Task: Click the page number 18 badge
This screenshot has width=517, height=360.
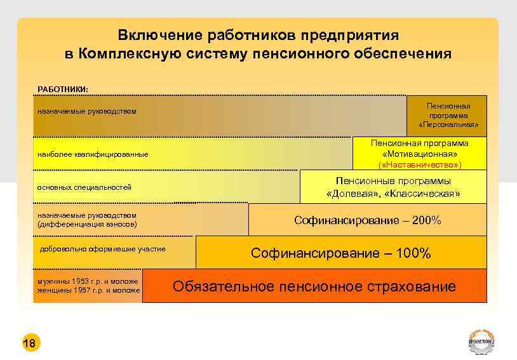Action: click(x=29, y=343)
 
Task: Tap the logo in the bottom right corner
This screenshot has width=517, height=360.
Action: click(x=482, y=343)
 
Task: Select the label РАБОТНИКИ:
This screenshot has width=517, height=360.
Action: click(x=64, y=89)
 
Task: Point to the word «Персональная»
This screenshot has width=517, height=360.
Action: click(x=448, y=124)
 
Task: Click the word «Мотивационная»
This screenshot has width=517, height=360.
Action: click(x=420, y=154)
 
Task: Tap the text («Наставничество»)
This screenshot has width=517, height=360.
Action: click(x=420, y=165)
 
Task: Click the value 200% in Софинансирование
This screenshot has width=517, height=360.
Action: click(x=427, y=220)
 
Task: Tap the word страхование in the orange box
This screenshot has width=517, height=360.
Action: click(x=412, y=286)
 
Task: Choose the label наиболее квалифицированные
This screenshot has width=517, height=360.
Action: click(x=93, y=154)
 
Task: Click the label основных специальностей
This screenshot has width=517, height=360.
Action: click(x=84, y=188)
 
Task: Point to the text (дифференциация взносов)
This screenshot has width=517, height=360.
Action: click(x=87, y=224)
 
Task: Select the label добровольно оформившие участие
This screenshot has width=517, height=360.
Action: click(x=102, y=249)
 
